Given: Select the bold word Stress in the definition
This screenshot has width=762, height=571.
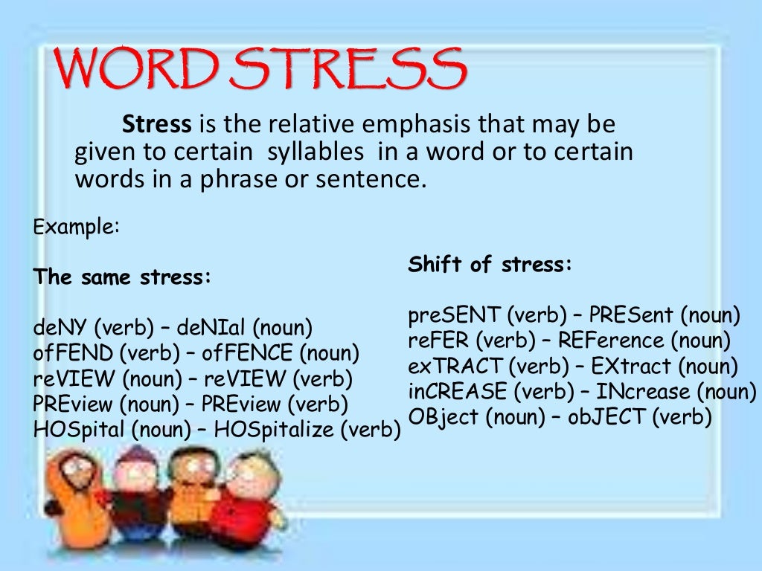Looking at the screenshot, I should point(157,124).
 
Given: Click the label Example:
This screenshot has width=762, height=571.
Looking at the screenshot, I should point(76,226).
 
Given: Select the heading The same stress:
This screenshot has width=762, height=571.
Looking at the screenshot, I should point(123,277).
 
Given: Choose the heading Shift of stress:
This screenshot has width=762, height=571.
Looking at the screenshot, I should point(490,265).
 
